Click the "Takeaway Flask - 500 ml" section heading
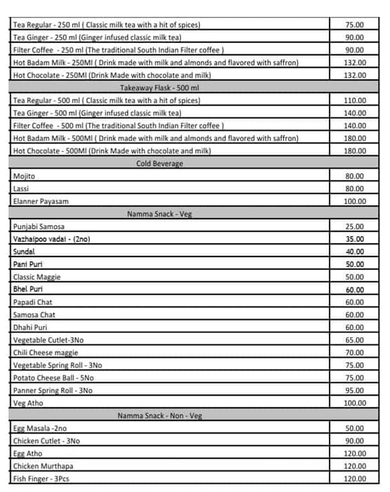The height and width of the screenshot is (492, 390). pos(169,88)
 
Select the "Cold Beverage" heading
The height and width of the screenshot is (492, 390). pos(160,164)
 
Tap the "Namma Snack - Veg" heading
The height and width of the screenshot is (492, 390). pos(160,214)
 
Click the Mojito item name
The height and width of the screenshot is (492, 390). pos(24,176)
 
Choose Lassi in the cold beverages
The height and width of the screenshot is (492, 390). pos(21,189)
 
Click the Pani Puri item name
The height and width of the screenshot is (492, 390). pos(29,265)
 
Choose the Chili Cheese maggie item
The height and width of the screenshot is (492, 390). pos(46,353)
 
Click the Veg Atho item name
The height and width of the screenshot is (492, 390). pos(29,403)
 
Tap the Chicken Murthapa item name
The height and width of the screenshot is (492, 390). pos(44,467)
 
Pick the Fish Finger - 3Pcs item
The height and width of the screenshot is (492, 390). pos(41,479)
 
